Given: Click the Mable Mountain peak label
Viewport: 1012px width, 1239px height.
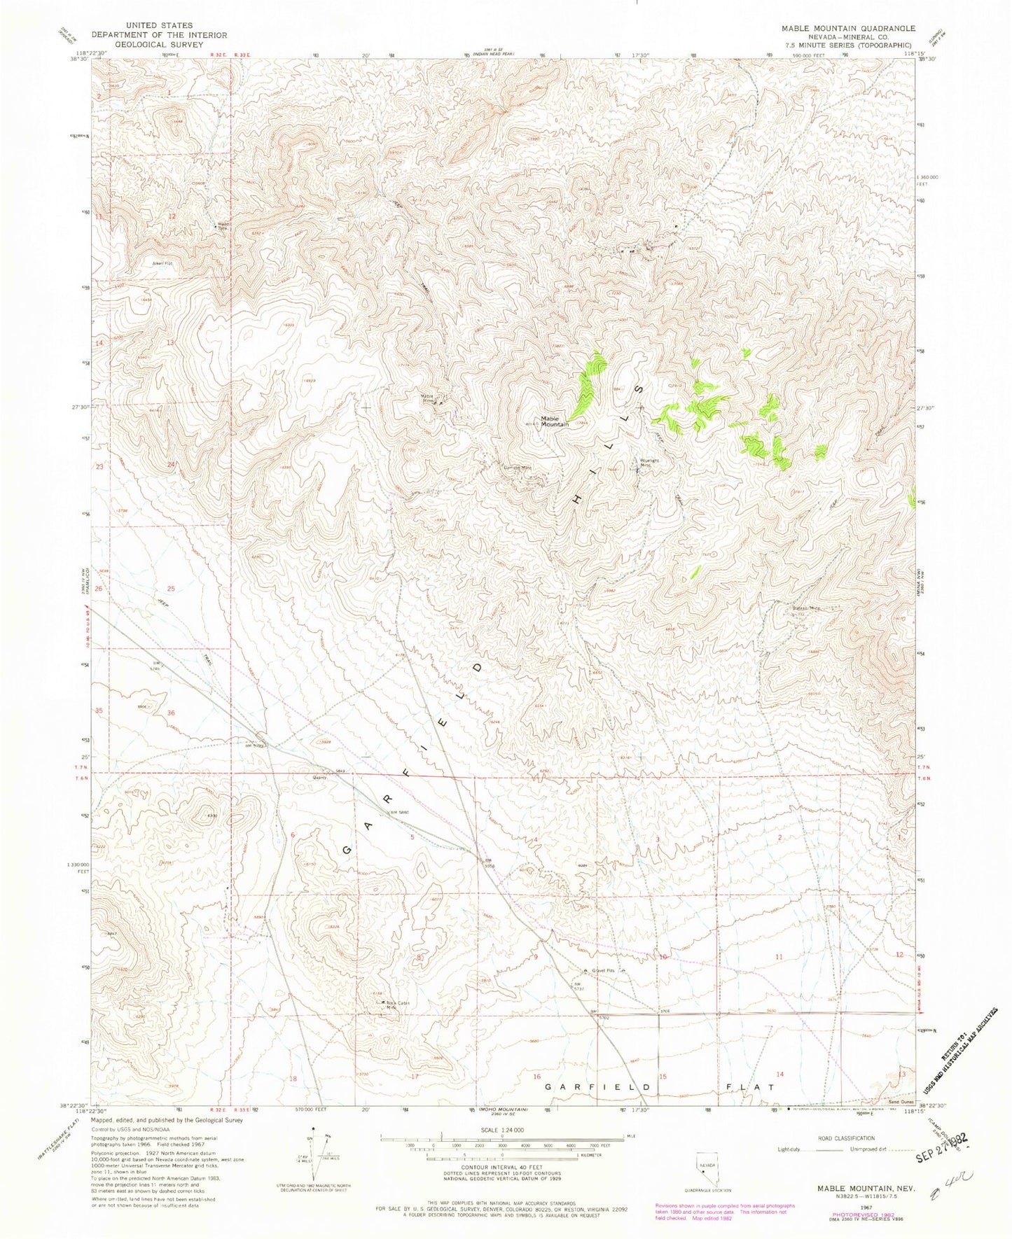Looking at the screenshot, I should (x=554, y=421).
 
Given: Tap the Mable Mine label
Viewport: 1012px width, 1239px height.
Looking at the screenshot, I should (x=429, y=398).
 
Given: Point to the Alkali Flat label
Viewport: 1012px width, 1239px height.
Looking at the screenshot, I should (x=143, y=263).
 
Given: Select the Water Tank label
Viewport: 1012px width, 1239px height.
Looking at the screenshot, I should (x=222, y=226).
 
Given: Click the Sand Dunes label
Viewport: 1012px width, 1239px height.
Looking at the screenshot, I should (x=894, y=1101).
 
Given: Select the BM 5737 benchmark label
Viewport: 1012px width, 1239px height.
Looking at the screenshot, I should (x=578, y=986).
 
